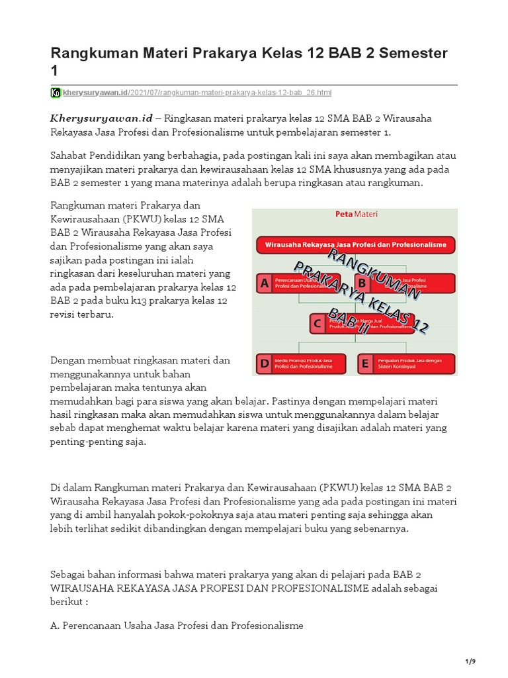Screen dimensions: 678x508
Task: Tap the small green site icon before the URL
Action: point(56,93)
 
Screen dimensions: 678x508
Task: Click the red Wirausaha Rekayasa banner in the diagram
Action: point(356,245)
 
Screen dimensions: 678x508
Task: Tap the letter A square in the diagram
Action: point(265,283)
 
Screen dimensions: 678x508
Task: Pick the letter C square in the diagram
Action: point(317,323)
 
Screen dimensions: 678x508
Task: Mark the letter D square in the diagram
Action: point(265,363)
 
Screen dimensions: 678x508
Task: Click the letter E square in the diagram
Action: point(365,363)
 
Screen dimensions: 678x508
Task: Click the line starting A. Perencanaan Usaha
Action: point(177,625)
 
